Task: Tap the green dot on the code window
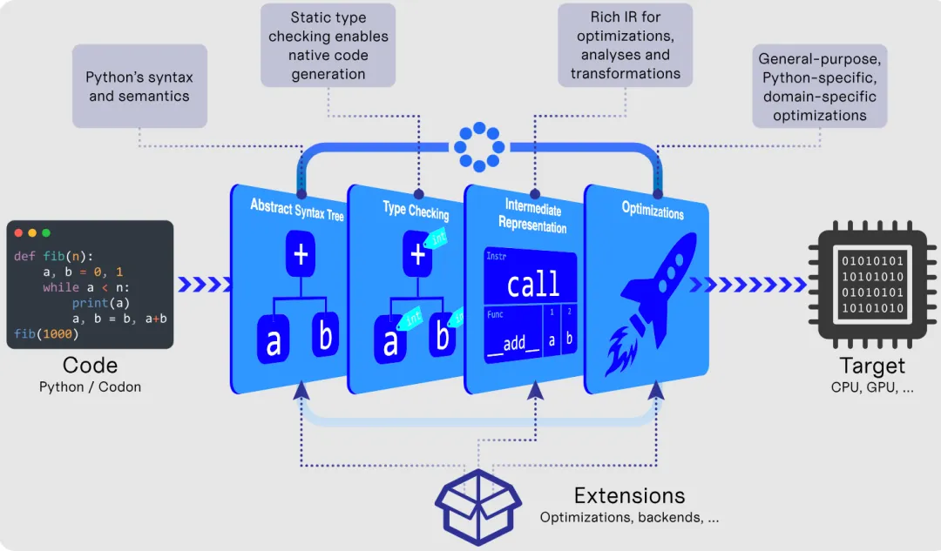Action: click(46, 233)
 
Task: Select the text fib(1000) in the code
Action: click(46, 334)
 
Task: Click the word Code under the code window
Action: click(90, 366)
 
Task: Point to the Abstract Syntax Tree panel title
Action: click(297, 207)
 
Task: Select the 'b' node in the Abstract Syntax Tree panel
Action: click(326, 337)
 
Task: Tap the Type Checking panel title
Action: click(416, 210)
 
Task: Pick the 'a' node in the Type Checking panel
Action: click(390, 341)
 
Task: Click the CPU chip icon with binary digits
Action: click(872, 285)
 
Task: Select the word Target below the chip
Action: click(872, 366)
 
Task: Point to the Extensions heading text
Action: click(629, 496)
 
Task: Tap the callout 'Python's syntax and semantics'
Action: click(139, 86)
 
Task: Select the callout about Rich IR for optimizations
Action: click(626, 45)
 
